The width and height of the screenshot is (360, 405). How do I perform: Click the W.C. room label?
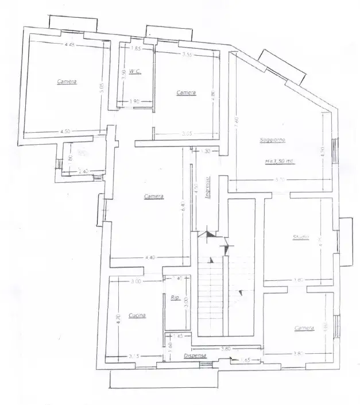135,72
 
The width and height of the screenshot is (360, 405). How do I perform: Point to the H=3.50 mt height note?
280,161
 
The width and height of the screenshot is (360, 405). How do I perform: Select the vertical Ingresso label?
207,187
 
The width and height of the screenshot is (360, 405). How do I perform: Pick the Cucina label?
137,315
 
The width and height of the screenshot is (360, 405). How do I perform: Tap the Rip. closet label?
175,297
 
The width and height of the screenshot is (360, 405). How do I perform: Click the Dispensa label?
195,356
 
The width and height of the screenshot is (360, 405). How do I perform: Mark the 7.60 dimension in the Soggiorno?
235,122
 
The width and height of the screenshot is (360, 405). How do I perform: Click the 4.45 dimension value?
70,45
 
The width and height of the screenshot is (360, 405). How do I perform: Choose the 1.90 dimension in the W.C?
136,102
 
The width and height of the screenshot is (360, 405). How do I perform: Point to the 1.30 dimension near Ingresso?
207,151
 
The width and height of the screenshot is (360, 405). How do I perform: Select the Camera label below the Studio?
304,328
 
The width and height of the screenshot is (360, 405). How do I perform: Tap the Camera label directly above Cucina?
154,196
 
